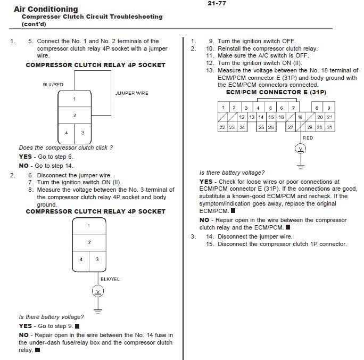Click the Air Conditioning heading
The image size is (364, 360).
(x=45, y=9)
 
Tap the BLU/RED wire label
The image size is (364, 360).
(x=53, y=85)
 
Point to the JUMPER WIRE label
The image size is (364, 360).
(x=131, y=93)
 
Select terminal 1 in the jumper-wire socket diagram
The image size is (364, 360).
(x=75, y=99)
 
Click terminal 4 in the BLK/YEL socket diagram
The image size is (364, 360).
(x=81, y=259)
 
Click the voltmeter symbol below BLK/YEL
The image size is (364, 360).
(x=97, y=291)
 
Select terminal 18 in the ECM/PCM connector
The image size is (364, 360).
(x=300, y=117)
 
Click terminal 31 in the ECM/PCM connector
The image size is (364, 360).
(x=330, y=127)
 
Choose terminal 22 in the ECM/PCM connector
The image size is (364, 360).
(x=222, y=127)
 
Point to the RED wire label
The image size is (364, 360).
(x=308, y=138)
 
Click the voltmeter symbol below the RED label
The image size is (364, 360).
(x=301, y=149)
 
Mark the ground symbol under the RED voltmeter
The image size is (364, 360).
(x=301, y=166)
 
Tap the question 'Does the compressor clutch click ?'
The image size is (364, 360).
(x=65, y=148)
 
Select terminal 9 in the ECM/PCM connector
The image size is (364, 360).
(x=329, y=108)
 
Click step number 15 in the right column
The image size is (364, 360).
(x=210, y=244)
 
